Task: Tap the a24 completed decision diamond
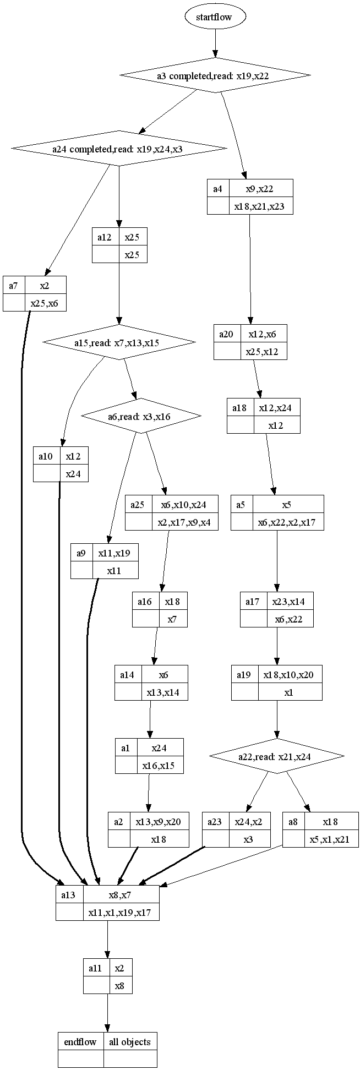pos(119,148)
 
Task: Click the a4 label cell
pos(218,189)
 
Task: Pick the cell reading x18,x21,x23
pos(260,206)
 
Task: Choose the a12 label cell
pos(105,237)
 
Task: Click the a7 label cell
pos(14,285)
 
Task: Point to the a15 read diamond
pos(119,343)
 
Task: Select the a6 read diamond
pos(141,416)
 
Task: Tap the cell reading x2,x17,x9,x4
pos(185,522)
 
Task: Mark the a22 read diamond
pos(276,757)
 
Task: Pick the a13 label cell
pos(69,894)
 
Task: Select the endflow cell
pos(80,1041)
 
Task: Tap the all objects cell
pos(130,1041)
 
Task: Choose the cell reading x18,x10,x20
pos(290,675)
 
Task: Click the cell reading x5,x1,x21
pos(331,839)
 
